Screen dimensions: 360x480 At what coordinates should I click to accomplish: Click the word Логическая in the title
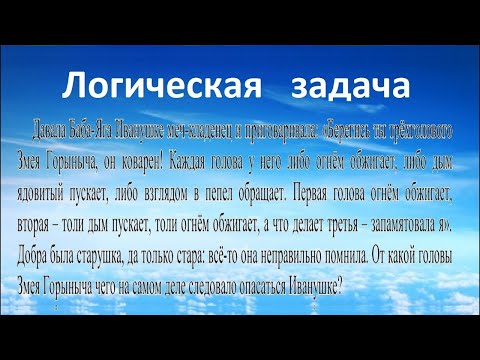[x=148, y=85]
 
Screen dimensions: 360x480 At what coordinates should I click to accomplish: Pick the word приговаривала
[x=286, y=131]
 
